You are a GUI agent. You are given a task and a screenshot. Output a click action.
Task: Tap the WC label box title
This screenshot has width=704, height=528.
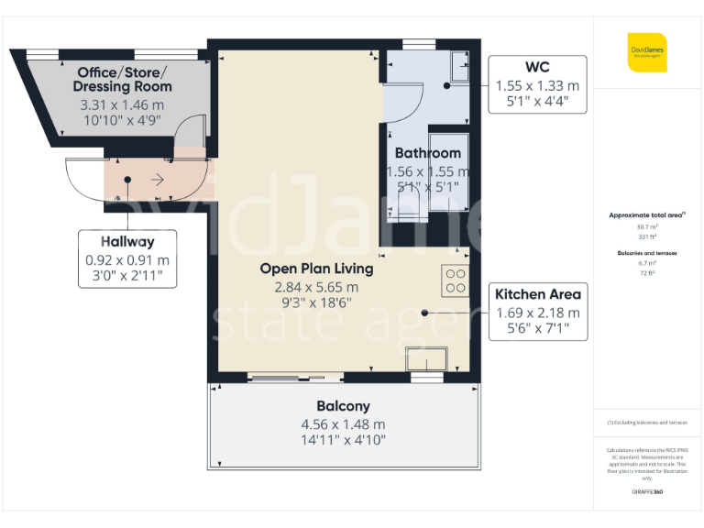(537, 67)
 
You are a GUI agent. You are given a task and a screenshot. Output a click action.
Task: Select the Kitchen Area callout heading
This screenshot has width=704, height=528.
(537, 294)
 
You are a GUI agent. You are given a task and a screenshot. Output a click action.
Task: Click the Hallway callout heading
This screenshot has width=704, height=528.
(126, 242)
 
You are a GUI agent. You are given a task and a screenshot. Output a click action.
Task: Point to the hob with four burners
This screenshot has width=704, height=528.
(456, 281)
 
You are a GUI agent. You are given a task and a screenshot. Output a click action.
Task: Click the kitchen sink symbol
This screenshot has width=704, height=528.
(425, 359)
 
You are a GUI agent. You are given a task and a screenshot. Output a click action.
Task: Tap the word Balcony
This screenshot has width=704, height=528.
(343, 406)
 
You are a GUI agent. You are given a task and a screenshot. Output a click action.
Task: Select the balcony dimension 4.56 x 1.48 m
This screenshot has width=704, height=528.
(343, 423)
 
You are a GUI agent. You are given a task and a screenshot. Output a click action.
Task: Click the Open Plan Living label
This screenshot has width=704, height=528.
(316, 269)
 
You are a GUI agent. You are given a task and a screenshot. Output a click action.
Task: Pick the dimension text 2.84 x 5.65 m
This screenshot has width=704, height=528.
(316, 286)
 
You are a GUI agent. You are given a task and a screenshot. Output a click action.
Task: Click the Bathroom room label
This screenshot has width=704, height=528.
(427, 153)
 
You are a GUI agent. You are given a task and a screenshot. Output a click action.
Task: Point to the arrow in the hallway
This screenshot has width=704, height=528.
(157, 180)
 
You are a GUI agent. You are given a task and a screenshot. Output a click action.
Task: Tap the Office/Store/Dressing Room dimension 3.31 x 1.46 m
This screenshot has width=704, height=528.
(122, 105)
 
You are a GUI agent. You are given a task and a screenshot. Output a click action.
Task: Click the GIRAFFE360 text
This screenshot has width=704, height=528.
(647, 492)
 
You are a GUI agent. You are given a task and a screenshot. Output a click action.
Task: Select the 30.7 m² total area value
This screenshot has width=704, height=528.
(647, 225)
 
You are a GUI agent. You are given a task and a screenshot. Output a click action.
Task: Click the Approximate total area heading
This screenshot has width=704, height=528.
(647, 214)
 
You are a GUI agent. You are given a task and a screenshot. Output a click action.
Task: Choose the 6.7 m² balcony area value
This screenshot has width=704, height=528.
(647, 261)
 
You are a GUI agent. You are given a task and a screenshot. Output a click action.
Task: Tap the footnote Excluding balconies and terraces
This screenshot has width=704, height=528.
(647, 423)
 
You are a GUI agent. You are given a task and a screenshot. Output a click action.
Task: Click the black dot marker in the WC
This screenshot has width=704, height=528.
(446, 85)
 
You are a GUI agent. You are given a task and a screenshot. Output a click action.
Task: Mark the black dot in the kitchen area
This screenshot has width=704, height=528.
(425, 313)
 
